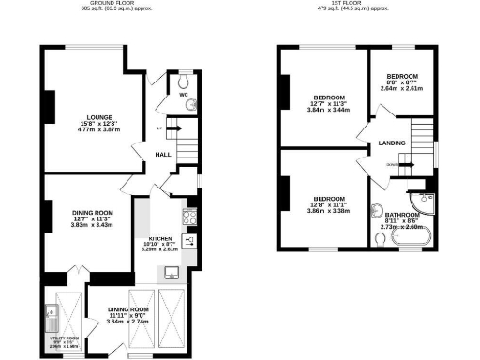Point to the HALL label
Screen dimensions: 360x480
click(x=161, y=154)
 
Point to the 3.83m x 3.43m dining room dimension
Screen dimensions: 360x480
click(x=93, y=225)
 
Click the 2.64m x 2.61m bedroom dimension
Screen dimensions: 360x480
click(x=404, y=89)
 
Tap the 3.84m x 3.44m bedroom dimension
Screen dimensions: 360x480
click(x=329, y=111)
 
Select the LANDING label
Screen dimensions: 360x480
click(x=392, y=143)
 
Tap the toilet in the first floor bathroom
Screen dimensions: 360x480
click(x=378, y=238)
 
